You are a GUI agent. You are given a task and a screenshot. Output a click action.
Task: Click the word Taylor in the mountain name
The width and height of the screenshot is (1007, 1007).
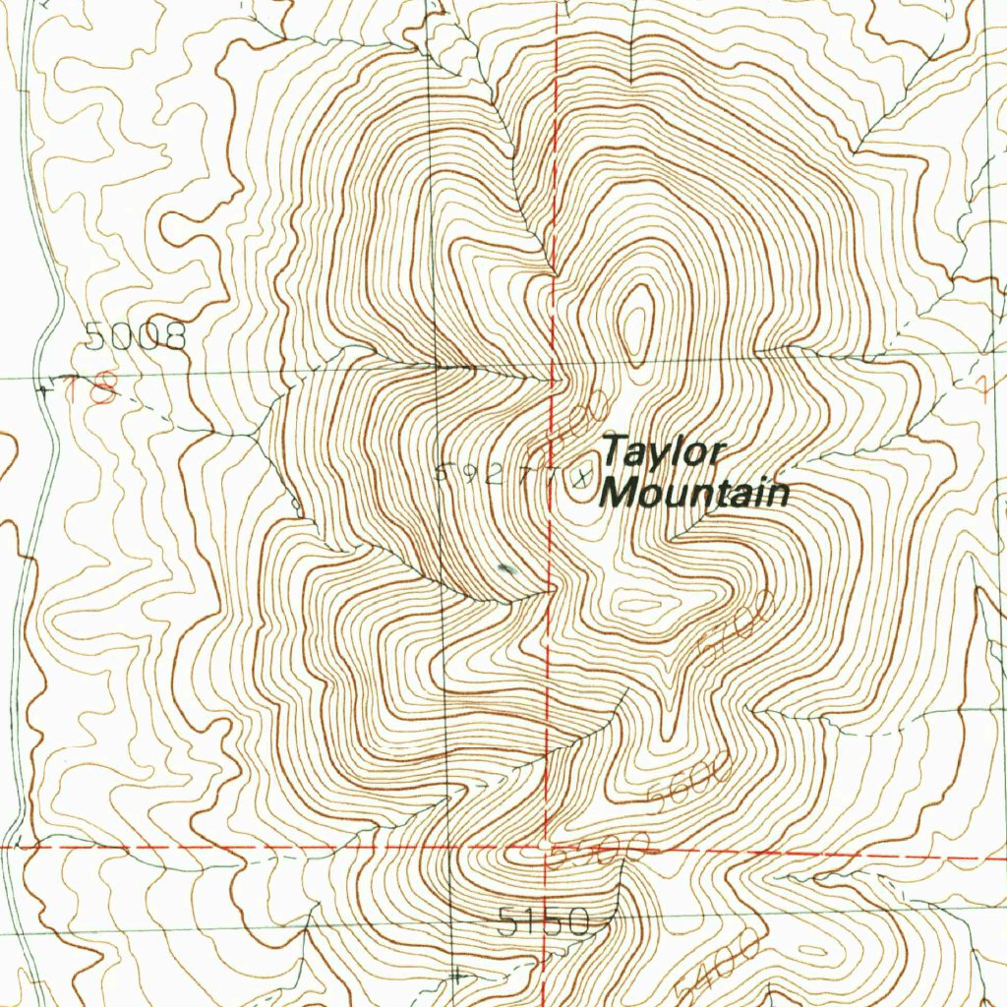[663, 453]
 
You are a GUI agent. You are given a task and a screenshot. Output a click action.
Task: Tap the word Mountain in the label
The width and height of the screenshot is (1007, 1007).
[696, 492]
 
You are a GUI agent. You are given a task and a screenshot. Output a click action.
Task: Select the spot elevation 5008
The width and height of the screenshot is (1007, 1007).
[136, 337]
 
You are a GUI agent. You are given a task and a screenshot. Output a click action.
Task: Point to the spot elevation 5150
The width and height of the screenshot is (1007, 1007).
[543, 922]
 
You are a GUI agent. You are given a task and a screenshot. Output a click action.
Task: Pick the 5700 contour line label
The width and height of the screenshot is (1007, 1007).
[733, 629]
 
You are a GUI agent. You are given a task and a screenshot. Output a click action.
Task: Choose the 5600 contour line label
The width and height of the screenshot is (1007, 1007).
[691, 781]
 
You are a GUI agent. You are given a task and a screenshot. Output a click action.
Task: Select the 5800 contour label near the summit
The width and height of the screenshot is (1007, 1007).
[579, 417]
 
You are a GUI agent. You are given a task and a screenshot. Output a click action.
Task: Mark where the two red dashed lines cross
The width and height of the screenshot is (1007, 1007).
[547, 845]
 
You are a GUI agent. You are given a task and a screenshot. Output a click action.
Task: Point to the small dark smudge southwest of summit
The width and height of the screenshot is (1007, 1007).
[507, 568]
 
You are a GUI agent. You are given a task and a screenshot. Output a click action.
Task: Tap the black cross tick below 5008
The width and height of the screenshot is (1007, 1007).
[45, 390]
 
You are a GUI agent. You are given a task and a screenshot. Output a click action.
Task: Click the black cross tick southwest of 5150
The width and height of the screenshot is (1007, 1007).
[456, 976]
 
